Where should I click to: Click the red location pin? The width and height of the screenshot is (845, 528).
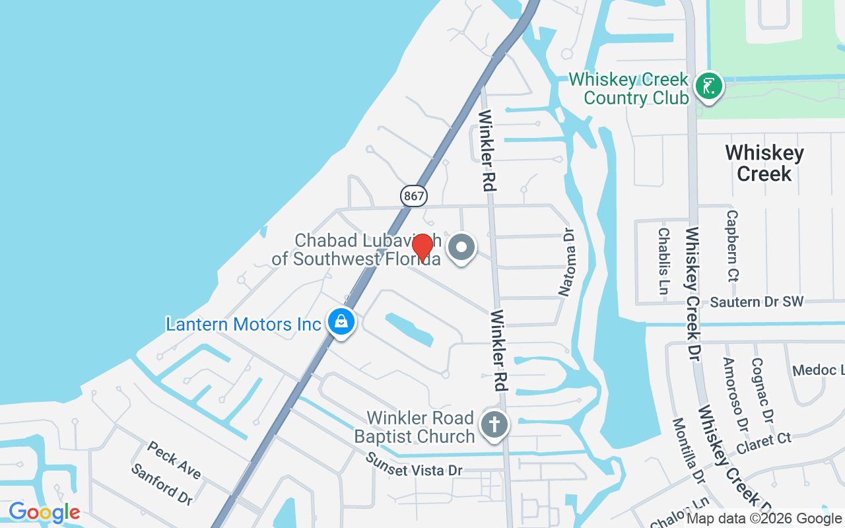(x=422, y=247)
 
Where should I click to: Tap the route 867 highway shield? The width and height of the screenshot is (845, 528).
(x=414, y=195)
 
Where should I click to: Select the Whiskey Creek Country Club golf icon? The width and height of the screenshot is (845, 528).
(x=709, y=86)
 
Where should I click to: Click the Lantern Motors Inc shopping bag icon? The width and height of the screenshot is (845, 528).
(x=341, y=321)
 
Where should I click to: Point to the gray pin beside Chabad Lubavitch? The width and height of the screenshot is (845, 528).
(x=462, y=248)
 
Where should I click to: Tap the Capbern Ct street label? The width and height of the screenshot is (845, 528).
(x=731, y=246)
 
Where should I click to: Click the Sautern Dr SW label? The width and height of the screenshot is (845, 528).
(x=757, y=302)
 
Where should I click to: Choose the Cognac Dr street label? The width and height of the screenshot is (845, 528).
(x=762, y=390)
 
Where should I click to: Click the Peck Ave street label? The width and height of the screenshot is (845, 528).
(x=174, y=460)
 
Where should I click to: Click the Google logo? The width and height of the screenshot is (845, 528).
(x=44, y=512)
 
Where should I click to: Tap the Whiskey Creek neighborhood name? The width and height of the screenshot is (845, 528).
(x=764, y=163)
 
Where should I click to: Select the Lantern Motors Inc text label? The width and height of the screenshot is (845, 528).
(x=243, y=324)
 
